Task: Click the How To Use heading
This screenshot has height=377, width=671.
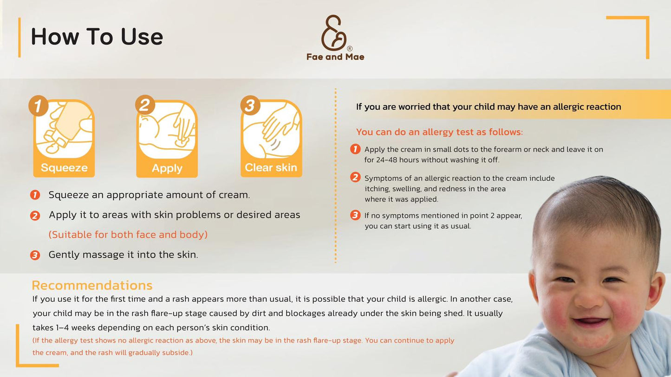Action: (97, 37)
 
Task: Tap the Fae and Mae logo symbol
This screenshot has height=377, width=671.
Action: (334, 33)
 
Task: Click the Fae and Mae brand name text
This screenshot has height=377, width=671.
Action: (335, 57)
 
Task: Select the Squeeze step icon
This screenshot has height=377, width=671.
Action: (64, 138)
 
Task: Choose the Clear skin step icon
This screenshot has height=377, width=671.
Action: (271, 138)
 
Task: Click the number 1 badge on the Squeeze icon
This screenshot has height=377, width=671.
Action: (39, 106)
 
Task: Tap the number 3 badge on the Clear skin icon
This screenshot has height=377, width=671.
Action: (250, 105)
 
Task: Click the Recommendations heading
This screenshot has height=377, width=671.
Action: (92, 286)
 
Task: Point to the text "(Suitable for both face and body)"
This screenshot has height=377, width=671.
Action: (128, 235)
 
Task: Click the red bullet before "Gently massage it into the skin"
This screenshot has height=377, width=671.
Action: (35, 255)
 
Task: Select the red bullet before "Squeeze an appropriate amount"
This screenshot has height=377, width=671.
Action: (35, 195)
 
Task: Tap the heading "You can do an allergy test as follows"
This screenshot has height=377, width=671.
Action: (439, 132)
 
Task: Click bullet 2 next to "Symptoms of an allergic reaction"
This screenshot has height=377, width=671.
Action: (355, 178)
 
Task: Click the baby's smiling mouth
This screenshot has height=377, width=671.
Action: (591, 323)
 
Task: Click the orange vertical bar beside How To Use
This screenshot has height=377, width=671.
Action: (20, 38)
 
